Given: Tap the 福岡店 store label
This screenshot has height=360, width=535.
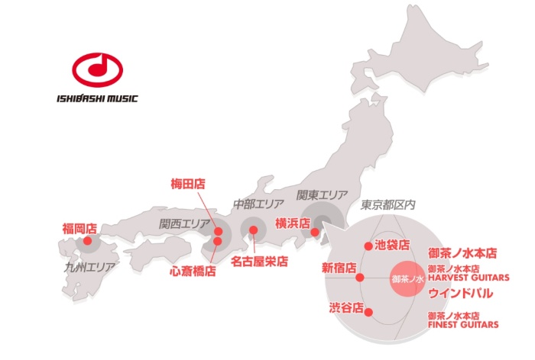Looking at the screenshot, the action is click(79, 228).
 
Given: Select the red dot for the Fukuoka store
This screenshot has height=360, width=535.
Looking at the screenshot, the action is click(87, 241).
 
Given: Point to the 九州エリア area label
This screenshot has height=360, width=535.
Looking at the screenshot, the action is click(89, 268).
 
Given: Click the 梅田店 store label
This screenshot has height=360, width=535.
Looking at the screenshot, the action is click(188, 184).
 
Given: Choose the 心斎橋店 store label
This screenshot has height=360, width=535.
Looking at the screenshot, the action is click(193, 270).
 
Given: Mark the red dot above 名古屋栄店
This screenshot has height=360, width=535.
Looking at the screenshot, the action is click(254, 230).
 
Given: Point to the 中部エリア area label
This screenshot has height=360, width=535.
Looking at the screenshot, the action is click(258, 204).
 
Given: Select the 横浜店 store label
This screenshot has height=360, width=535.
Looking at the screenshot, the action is click(292, 223).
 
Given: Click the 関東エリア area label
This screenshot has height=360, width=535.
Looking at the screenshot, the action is click(322, 194).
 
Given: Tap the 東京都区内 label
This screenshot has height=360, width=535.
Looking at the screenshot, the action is click(387, 205).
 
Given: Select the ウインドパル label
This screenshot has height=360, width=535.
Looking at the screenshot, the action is click(459, 293).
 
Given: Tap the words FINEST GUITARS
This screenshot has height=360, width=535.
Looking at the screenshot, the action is click(462, 324).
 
